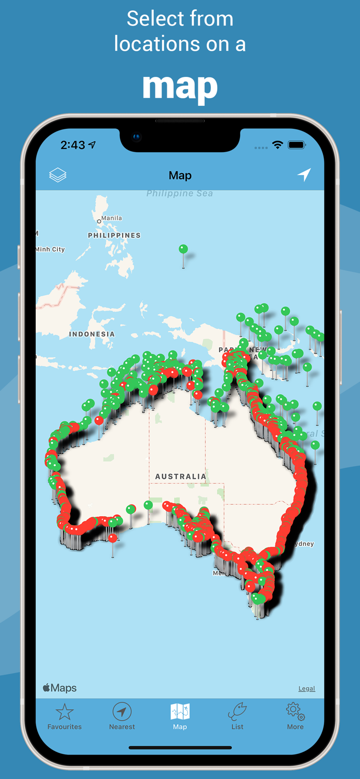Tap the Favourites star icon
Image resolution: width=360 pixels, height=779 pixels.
[64, 712]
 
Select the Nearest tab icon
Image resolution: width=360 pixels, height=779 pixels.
[122, 711]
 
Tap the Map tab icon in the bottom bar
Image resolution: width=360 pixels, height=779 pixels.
[180, 711]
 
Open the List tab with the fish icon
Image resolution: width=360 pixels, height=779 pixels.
[237, 711]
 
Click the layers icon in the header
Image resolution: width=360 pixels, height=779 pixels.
[58, 176]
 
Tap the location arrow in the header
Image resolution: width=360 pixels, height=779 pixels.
[304, 175]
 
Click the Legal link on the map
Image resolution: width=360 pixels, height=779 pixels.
[306, 689]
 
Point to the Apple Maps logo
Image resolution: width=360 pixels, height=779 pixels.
[60, 688]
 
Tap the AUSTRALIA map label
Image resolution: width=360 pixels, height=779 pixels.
[181, 476]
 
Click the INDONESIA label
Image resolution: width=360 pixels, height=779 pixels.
[92, 334]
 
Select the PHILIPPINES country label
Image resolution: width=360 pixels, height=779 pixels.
[114, 235]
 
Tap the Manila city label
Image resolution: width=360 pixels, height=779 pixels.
[111, 218]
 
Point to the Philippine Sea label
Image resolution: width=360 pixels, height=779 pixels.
[180, 193]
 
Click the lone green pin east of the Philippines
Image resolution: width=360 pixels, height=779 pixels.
[183, 249]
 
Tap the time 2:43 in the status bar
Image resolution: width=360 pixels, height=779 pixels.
[73, 145]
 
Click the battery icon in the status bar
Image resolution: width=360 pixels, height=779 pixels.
[297, 145]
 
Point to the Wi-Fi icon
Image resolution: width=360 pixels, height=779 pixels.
[277, 145]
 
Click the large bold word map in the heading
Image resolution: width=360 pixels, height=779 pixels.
[180, 87]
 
